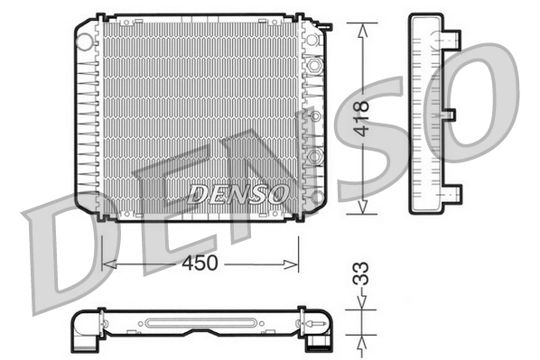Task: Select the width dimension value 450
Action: pyautogui.click(x=200, y=263)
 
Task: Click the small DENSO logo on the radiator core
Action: pyautogui.click(x=238, y=193)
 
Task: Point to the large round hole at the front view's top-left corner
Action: pyautogui.click(x=87, y=40)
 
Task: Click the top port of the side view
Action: pyautogui.click(x=449, y=39)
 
